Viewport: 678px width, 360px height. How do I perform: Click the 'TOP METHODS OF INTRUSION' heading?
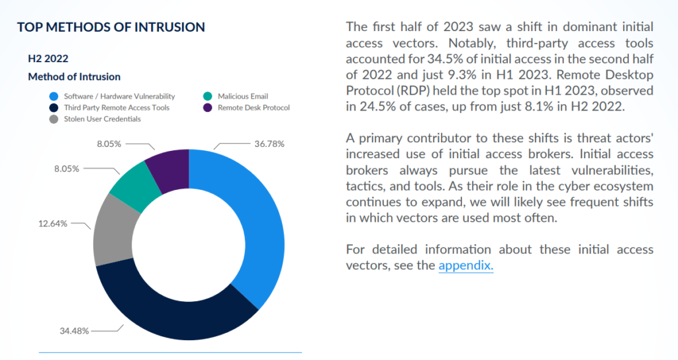click(111, 27)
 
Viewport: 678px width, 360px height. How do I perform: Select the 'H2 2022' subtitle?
click(48, 59)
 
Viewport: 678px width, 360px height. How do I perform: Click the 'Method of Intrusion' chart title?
click(74, 77)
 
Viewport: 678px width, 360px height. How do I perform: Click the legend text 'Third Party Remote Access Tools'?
click(117, 107)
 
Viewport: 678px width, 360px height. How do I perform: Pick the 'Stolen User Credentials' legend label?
click(103, 118)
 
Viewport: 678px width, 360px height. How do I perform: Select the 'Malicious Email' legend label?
click(243, 97)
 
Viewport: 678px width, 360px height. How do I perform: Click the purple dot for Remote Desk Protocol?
click(207, 107)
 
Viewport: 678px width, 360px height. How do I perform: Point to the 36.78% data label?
click(269, 143)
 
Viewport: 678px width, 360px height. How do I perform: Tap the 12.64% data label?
click(52, 224)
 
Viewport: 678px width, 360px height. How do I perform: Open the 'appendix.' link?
click(465, 265)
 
